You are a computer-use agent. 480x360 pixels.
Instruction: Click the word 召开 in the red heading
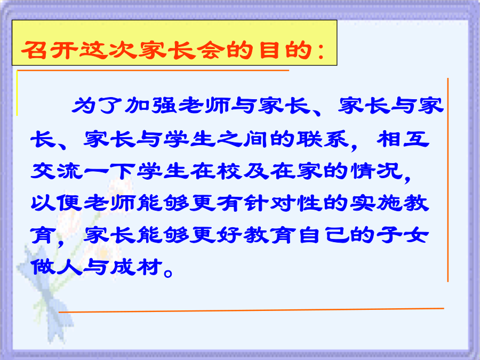49,50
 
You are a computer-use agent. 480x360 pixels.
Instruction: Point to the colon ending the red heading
321,51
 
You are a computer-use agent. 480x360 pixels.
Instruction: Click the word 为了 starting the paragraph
98,105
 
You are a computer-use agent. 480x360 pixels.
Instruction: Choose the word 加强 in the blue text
150,105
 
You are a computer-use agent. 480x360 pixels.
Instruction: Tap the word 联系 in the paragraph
323,139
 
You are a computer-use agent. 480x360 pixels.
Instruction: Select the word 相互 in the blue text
403,139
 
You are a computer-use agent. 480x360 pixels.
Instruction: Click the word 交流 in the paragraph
57,171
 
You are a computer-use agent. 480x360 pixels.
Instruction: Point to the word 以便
57,203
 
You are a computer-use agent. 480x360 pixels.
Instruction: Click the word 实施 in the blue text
377,203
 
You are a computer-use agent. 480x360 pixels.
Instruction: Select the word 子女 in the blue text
403,235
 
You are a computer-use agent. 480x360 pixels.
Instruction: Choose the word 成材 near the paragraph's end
136,267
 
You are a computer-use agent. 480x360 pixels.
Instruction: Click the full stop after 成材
168,273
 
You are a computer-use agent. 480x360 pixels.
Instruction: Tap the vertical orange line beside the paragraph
447,180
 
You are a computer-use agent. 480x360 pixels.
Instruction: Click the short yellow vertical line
17,93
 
